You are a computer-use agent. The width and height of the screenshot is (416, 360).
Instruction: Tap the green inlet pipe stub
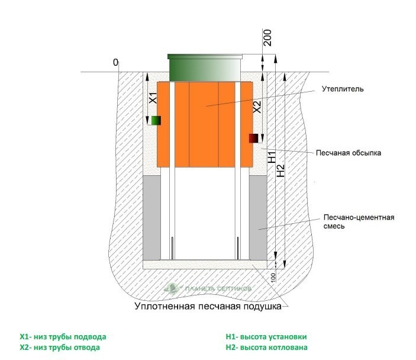click(x=155, y=120)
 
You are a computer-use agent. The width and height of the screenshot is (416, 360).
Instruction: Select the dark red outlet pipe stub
click(x=254, y=139)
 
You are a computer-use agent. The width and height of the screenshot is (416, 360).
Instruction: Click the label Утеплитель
click(x=342, y=89)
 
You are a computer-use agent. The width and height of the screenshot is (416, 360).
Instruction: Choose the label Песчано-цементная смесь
click(x=359, y=221)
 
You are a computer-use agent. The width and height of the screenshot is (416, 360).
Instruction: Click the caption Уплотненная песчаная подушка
click(x=206, y=307)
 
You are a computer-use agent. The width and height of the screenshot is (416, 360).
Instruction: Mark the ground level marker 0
click(x=115, y=62)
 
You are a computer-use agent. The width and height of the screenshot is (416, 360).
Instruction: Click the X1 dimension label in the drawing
click(x=151, y=98)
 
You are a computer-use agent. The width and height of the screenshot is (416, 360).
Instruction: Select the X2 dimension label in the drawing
click(x=257, y=107)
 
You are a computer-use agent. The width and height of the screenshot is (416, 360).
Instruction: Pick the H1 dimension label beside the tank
click(x=271, y=157)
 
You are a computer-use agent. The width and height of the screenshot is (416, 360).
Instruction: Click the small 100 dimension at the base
click(x=274, y=277)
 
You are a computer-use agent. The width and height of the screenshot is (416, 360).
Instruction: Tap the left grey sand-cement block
click(x=153, y=217)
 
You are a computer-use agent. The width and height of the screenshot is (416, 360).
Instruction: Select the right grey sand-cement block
click(x=257, y=217)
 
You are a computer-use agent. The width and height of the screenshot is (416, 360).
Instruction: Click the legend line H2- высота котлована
click(x=266, y=348)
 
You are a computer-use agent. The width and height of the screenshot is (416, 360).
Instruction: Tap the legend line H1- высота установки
click(x=266, y=337)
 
